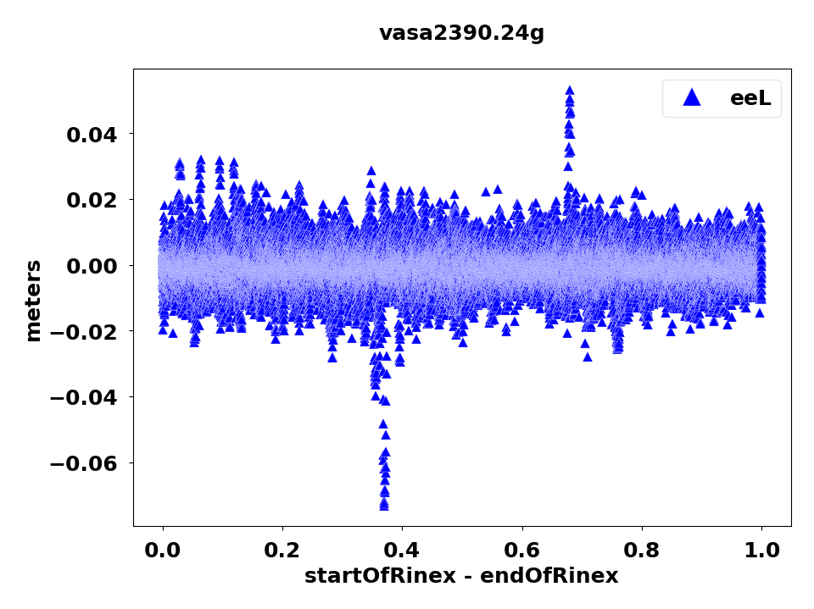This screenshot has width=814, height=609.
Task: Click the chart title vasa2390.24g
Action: (461, 33)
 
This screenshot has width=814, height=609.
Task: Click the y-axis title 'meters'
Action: (33, 301)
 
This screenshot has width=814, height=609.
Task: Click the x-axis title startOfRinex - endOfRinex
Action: (461, 576)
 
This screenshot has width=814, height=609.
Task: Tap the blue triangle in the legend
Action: (692, 97)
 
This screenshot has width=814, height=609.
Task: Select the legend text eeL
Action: (750, 98)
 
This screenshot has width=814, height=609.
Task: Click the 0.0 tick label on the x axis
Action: (163, 549)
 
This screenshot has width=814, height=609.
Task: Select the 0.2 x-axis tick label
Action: (282, 549)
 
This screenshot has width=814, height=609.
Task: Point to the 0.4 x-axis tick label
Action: (402, 549)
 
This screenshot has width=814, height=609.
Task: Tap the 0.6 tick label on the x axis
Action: (522, 549)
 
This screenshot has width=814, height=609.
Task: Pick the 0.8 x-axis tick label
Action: (642, 549)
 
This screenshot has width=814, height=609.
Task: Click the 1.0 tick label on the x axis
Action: (761, 549)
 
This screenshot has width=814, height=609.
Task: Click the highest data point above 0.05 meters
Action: (570, 91)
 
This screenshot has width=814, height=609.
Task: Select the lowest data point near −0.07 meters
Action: (384, 506)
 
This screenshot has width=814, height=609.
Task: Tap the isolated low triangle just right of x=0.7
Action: (588, 357)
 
